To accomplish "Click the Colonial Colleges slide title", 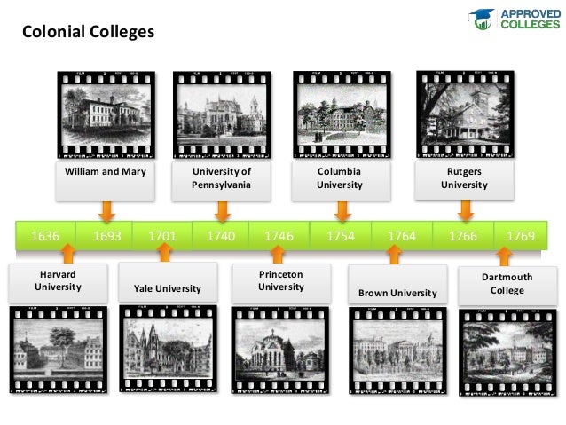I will point(88,33).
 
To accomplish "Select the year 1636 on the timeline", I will point(45,236).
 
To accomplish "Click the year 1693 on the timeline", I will point(106,236).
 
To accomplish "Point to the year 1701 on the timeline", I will point(162,236).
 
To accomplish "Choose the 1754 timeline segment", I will point(340,236).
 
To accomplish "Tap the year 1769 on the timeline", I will point(520,236).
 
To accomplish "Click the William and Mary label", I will point(105,171).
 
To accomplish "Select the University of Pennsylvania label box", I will point(221,177).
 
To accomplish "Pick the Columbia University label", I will point(340,177).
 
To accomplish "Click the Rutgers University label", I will point(464,177).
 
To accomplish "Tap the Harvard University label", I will point(58,280).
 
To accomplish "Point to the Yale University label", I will point(167,288).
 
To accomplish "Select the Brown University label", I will point(397,293).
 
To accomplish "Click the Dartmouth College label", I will point(507,284).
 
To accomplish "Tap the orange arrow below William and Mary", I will point(106,211).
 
